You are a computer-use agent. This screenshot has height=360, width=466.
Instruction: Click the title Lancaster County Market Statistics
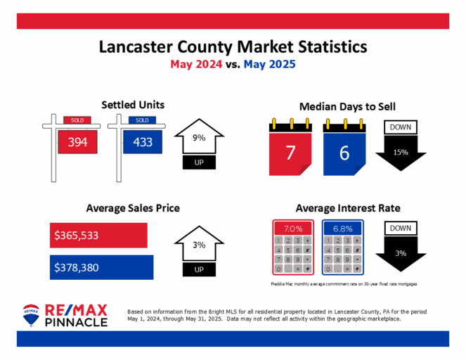(233, 47)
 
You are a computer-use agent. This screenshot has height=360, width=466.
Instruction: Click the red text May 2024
(198, 64)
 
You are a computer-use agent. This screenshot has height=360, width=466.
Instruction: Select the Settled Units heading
(133, 105)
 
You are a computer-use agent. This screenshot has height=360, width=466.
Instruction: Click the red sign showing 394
(77, 142)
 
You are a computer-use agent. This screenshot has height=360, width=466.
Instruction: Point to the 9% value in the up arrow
(199, 139)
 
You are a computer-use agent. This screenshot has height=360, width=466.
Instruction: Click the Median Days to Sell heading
(347, 107)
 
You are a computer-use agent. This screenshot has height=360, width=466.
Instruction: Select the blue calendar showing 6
(344, 152)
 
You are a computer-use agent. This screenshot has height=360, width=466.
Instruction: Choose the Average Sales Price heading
(133, 208)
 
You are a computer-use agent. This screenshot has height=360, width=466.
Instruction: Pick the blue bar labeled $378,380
(101, 266)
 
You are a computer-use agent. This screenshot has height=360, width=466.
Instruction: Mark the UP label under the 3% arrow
(199, 270)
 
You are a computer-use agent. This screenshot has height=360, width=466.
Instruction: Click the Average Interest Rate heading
(348, 208)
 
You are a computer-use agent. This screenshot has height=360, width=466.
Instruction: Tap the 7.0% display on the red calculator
(292, 229)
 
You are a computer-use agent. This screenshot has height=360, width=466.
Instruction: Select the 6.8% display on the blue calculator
(343, 229)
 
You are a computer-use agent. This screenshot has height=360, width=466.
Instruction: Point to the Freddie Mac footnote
(341, 284)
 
